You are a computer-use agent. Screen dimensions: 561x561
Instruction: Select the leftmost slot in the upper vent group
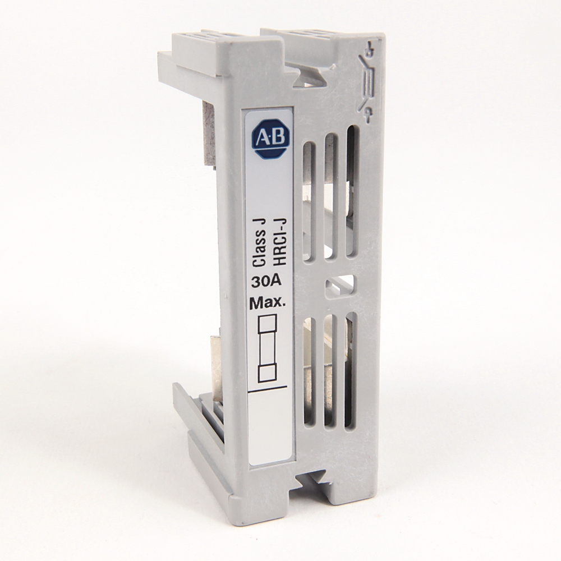coord(309,200)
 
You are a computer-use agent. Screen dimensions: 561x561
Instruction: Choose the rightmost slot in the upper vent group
coord(351,192)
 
